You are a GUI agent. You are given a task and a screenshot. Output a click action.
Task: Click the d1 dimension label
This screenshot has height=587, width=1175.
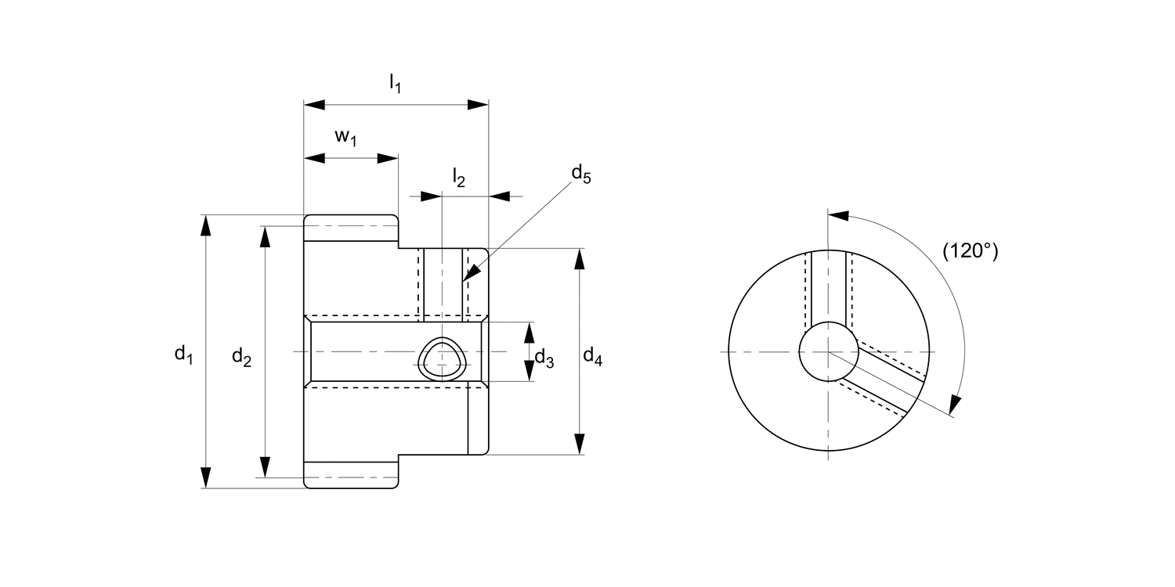tap(183, 355)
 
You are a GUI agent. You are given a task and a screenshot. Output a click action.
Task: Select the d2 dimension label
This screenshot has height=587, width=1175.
tap(241, 358)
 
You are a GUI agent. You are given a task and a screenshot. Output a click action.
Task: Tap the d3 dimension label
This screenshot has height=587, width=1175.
tap(544, 359)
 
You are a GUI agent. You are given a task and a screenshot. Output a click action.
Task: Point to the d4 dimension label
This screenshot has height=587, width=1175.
tap(593, 358)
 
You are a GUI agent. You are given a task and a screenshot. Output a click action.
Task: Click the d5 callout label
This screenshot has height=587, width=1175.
tap(580, 174)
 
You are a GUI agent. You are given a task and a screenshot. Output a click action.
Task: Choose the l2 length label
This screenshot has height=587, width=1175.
tap(458, 178)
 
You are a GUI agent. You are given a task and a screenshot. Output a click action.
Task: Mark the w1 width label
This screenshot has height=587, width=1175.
tap(346, 137)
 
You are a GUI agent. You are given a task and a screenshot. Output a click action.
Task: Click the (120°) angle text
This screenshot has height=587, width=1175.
tap(970, 251)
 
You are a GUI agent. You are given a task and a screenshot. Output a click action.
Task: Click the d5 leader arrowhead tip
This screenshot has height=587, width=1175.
tap(464, 279)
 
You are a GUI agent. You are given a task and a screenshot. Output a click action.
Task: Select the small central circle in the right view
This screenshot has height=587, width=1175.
tap(828, 352)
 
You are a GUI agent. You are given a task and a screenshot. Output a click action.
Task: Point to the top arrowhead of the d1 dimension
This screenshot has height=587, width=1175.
tap(206, 224)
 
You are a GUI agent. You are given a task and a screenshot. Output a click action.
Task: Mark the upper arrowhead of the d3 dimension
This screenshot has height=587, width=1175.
tap(529, 332)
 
